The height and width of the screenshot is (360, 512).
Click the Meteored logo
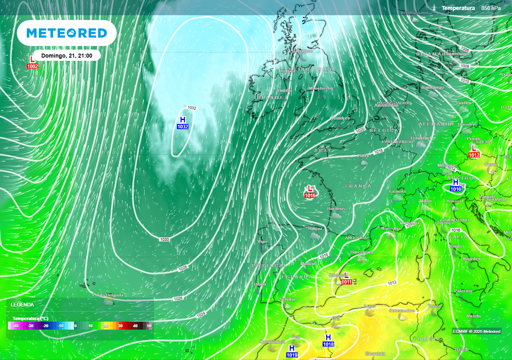pos(67,33)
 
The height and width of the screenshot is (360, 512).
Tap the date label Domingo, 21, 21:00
pos(67,56)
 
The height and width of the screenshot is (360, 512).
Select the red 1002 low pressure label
pos(32,66)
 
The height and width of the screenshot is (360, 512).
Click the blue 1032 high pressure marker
pos(183,127)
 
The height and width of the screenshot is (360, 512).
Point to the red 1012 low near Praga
pos(474,155)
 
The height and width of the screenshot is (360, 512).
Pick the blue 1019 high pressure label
pos(292,355)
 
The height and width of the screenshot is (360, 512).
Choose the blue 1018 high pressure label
pos(328,344)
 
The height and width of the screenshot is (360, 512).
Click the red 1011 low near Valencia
pos(346,282)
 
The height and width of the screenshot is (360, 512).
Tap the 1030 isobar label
pos(164,240)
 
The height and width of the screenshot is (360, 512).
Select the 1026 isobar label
pos(178,298)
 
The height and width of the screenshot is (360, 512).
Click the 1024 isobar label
pos(201,315)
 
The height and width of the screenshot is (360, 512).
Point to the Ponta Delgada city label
pos(108,295)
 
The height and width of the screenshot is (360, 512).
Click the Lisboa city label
pos(259,284)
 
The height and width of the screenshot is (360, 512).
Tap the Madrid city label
pos(308,264)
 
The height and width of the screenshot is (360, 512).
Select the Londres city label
pos(341,118)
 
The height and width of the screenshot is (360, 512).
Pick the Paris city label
pos(363,156)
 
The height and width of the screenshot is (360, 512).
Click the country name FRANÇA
pos(358,186)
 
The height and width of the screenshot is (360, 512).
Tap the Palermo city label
pos(463,291)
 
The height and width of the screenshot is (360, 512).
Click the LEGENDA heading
pos(22,305)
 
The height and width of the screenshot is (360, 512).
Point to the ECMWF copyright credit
pos(476,331)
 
